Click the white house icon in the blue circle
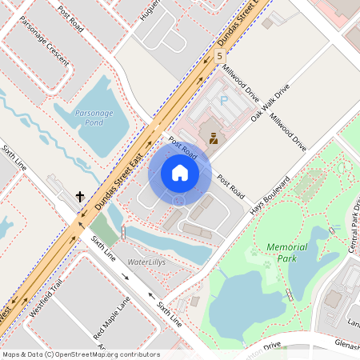pos(179,172)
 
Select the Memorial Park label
pos(286,253)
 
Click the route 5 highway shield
pos(219,55)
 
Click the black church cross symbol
pos(80,195)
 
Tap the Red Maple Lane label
pos(111,316)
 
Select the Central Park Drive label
pos(353,228)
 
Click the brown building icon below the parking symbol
pos(214,138)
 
